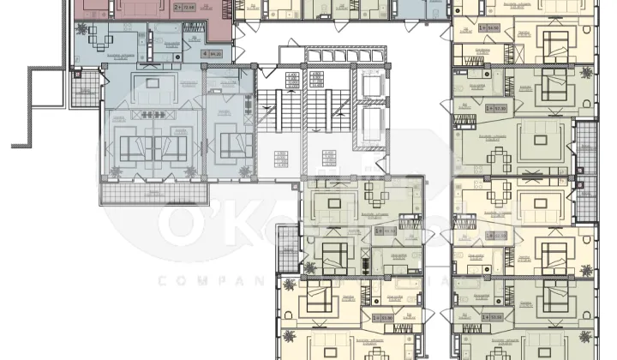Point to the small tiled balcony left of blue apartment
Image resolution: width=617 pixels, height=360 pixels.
84,89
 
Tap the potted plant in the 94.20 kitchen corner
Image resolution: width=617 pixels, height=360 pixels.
81,28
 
